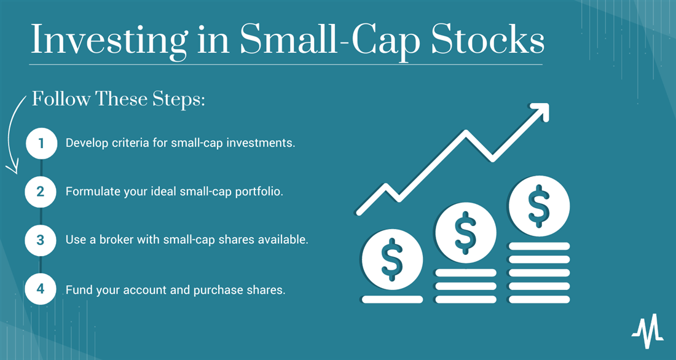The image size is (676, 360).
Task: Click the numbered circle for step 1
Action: tap(41, 143)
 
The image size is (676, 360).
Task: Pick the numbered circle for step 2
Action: tap(41, 191)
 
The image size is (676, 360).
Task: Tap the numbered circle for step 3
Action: tap(41, 240)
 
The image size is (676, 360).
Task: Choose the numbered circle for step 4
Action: tap(41, 289)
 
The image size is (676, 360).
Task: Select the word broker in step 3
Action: tap(117, 240)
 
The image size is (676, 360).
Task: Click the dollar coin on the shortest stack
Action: tap(392, 259)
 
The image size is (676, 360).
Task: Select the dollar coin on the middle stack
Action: tap(466, 233)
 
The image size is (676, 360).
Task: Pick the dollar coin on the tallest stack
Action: tap(539, 206)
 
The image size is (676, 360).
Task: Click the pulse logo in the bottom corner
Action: tap(648, 331)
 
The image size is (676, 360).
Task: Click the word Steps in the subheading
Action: tap(179, 100)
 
